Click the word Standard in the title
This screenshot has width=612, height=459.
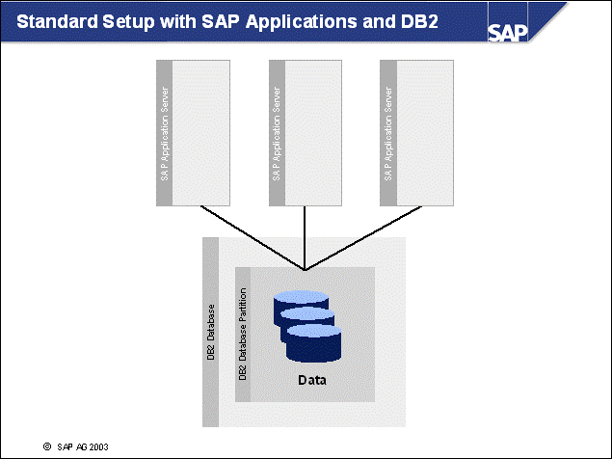[56, 21]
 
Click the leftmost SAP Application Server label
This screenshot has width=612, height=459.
[163, 134]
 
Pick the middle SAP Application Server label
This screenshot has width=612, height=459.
[276, 134]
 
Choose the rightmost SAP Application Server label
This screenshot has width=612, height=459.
[387, 134]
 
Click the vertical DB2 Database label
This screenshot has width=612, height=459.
[211, 333]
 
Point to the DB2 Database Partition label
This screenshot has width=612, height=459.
[243, 333]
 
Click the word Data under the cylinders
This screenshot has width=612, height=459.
[311, 380]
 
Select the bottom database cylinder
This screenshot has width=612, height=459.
[316, 339]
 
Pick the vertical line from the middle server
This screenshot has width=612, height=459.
[305, 236]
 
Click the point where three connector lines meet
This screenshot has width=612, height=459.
[305, 270]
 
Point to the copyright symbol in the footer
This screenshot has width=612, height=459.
[46, 446]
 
